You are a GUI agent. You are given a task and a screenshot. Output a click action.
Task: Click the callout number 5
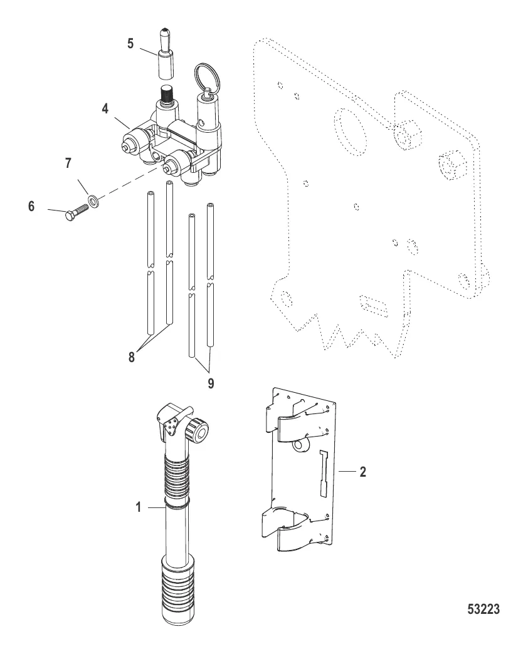pos(130,44)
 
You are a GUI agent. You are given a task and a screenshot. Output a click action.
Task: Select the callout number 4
pos(105,108)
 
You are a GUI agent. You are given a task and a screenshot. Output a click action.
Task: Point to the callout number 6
pos(31,205)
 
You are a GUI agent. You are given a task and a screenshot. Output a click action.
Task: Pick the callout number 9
pos(211,383)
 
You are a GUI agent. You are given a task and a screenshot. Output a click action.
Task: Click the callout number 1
pos(139,507)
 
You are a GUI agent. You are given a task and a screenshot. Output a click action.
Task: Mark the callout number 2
pos(362,472)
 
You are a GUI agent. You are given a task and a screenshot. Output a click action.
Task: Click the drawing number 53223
pos(483,609)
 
